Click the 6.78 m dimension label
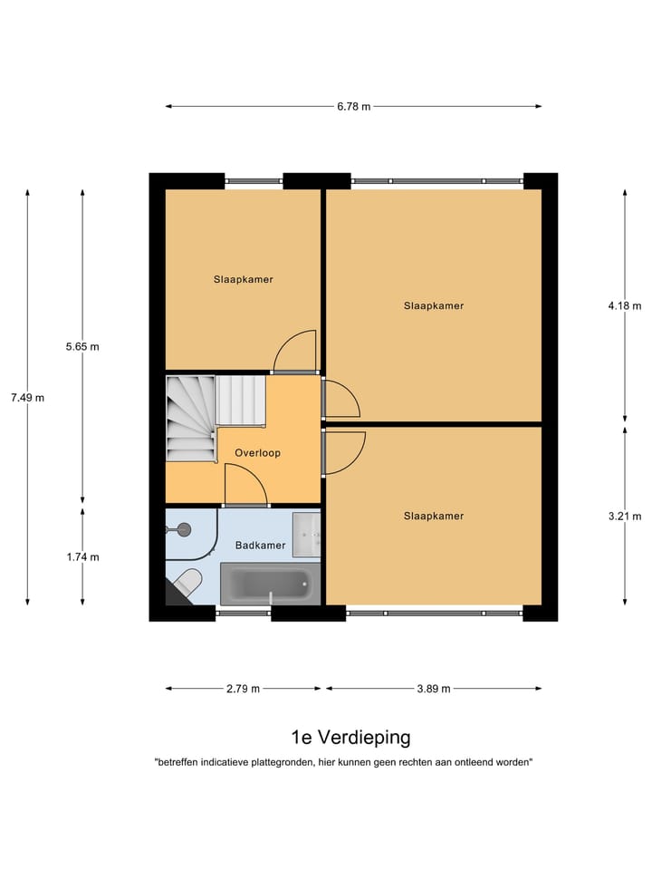(353, 107)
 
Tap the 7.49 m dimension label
(27, 397)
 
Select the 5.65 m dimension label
(82, 346)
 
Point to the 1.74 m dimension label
(82, 557)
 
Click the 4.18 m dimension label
(624, 305)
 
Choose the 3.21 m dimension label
(624, 516)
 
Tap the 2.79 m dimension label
(243, 689)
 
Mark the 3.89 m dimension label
(434, 689)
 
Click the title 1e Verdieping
(350, 737)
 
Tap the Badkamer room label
(260, 546)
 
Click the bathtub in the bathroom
(270, 584)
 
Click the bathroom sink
(308, 535)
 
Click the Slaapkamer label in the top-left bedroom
(243, 279)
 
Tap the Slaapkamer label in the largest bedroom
(433, 305)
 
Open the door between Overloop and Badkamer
(245, 485)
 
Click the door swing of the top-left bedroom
(297, 352)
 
